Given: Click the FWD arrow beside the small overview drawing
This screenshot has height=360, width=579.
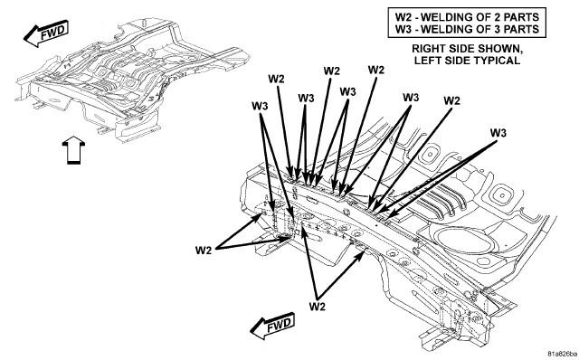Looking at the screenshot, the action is pyautogui.click(x=46, y=33).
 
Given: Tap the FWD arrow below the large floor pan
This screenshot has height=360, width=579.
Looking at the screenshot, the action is pyautogui.click(x=272, y=326).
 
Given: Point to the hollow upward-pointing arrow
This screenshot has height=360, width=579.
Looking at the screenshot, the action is pyautogui.click(x=73, y=149).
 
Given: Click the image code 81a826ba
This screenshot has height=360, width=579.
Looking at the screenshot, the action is pyautogui.click(x=561, y=353).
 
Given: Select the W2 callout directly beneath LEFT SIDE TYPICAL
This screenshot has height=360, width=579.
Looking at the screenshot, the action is pyautogui.click(x=451, y=100).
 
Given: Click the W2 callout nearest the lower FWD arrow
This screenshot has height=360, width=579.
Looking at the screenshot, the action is pyautogui.click(x=318, y=306).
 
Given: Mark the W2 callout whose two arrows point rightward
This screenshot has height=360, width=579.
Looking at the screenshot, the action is pyautogui.click(x=204, y=250).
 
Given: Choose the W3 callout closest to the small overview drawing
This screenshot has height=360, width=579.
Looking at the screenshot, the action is pyautogui.click(x=260, y=106).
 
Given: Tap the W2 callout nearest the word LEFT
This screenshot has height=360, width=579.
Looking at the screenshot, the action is pyautogui.click(x=376, y=70).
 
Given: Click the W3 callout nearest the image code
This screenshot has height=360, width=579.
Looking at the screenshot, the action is pyautogui.click(x=498, y=133).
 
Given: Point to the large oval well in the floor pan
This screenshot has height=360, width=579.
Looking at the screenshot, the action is pyautogui.click(x=464, y=242).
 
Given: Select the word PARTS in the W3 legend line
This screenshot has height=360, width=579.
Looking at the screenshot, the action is pyautogui.click(x=523, y=29).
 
